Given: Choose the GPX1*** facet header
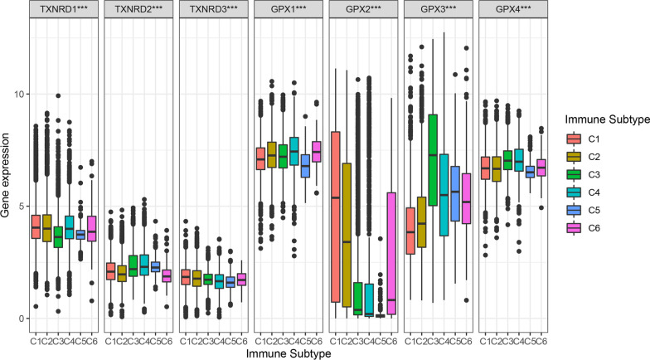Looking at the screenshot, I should point(289,11).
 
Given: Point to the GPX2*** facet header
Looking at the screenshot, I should point(364,11).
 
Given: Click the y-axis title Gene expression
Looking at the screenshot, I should point(7,178).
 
